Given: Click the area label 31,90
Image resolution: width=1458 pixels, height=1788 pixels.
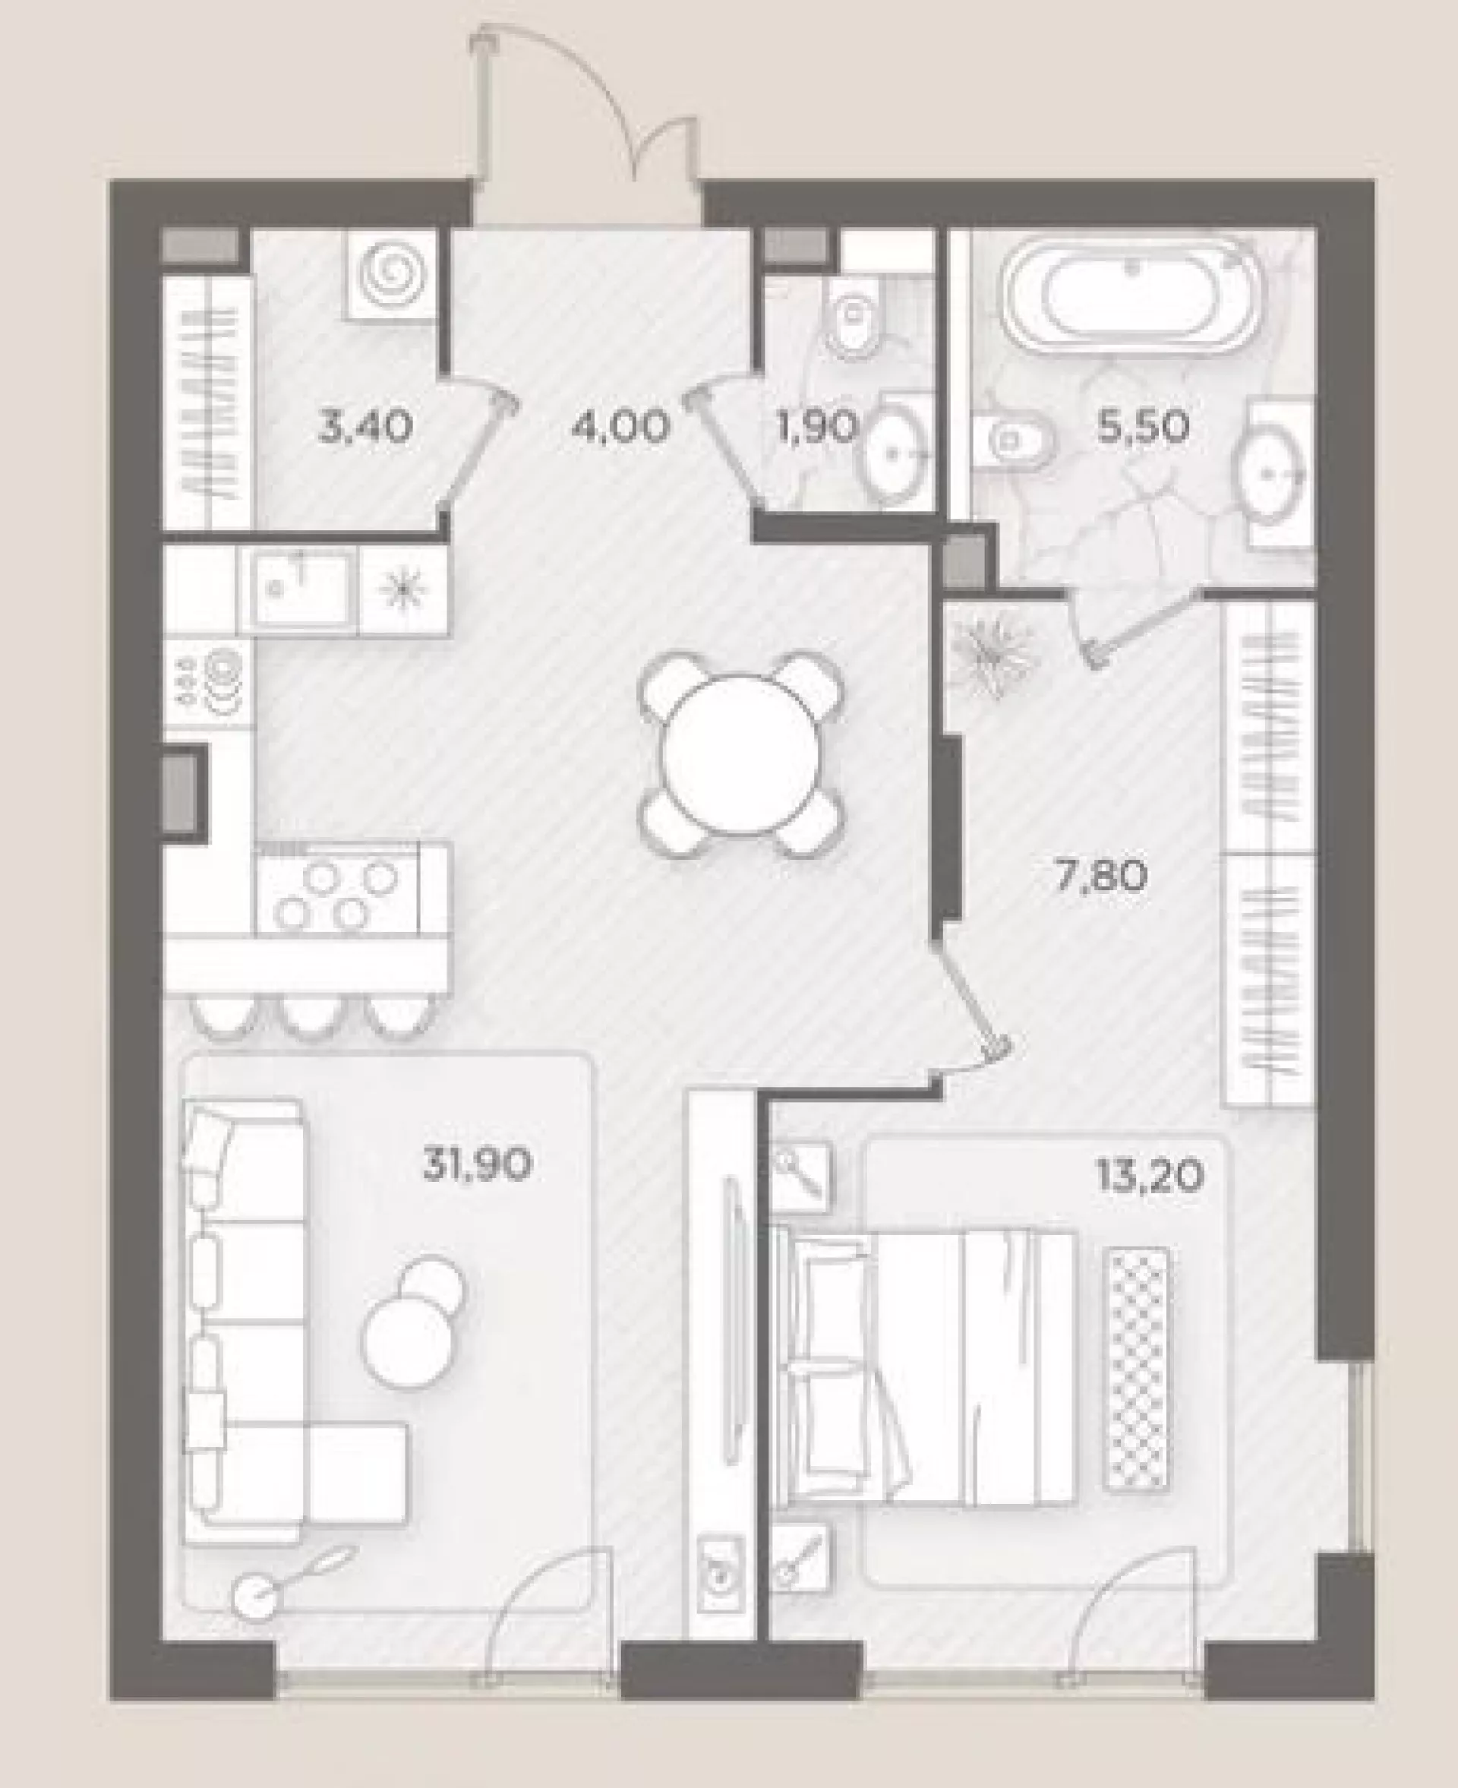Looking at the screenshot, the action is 477,1166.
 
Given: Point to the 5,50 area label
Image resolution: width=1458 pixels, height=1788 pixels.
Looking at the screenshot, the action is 1142,428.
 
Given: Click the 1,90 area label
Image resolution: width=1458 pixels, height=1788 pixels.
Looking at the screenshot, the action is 816,428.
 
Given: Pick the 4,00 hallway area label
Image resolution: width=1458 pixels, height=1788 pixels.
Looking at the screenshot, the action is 620,428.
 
